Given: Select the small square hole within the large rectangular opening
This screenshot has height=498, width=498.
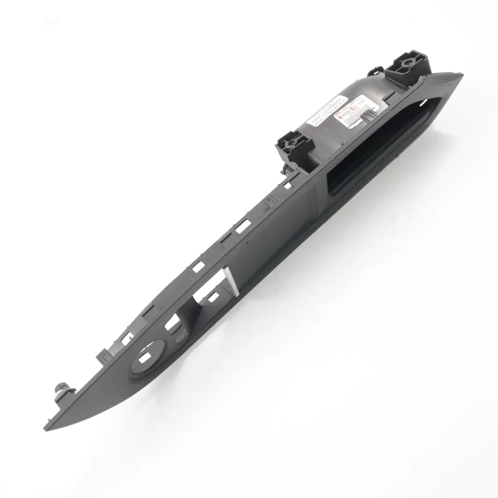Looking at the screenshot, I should pyautogui.click(x=213, y=297).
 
